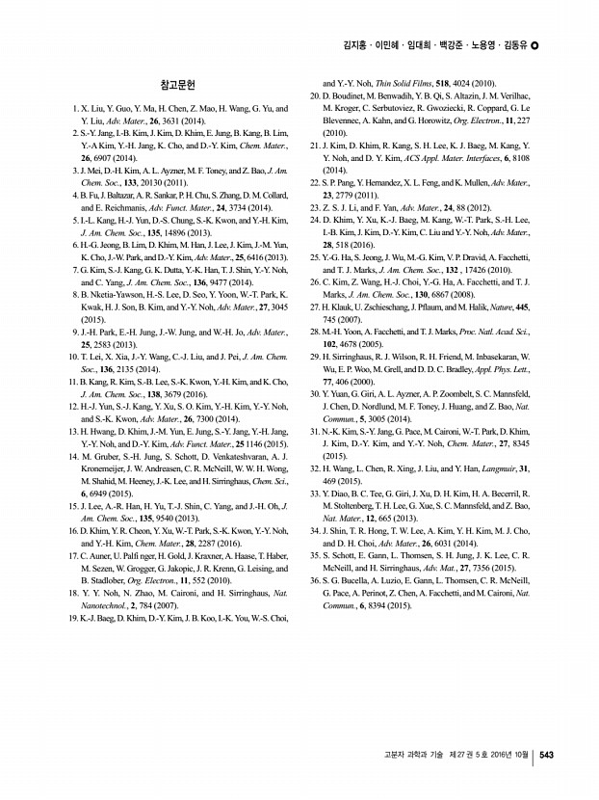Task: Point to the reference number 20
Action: [314, 98]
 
